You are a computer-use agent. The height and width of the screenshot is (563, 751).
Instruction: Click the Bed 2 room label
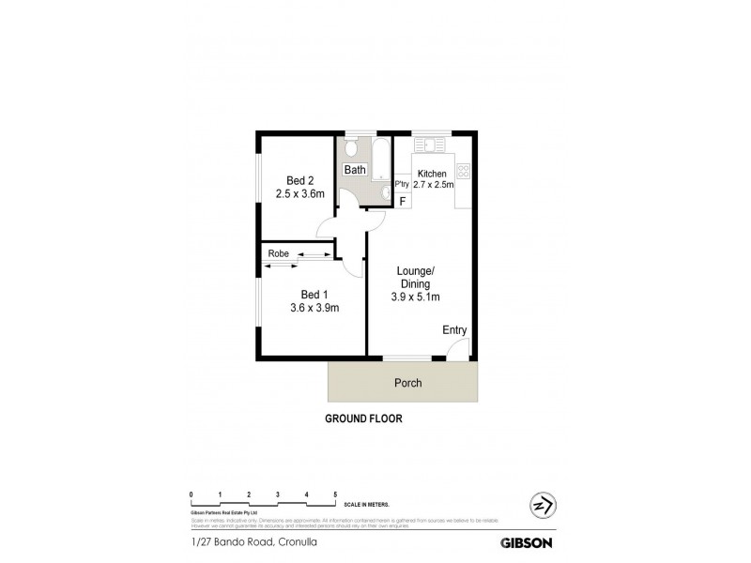pos(299,181)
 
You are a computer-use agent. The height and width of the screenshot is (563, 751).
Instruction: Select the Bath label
pos(354,170)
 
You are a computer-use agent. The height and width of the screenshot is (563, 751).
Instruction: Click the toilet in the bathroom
pos(351,148)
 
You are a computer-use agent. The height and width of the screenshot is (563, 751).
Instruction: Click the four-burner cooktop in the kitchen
pos(463,171)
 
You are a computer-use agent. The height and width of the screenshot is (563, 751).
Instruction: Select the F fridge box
pos(402,201)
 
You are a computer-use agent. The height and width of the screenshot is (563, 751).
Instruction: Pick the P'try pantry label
pos(402,184)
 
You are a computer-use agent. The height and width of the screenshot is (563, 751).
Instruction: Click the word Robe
pos(278,253)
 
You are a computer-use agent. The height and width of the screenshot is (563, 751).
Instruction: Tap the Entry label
pos(454,330)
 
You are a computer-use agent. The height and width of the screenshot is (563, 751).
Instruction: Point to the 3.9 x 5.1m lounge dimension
pos(416,297)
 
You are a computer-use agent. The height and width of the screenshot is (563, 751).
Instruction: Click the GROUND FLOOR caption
pos(363,418)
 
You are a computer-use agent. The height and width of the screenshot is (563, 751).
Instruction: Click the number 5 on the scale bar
pos(335,494)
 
